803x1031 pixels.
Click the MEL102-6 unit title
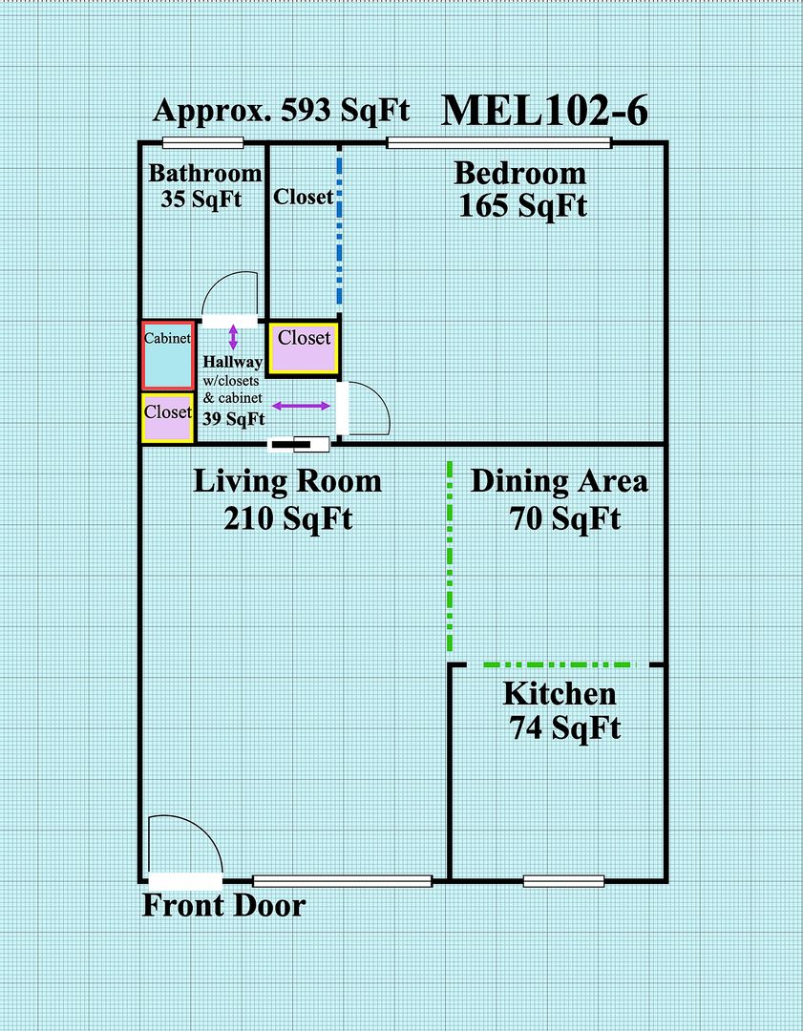click(x=544, y=111)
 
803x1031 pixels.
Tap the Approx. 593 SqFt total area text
click(x=282, y=111)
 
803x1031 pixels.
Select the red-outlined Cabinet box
click(x=168, y=356)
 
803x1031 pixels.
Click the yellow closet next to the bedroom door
click(x=304, y=348)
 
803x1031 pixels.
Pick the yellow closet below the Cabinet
click(x=168, y=417)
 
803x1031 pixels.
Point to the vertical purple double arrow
click(x=233, y=337)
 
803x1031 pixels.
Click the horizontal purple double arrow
click(x=301, y=407)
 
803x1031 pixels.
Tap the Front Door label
click(x=224, y=906)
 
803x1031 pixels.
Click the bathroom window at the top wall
click(x=203, y=142)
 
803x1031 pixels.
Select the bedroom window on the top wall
click(x=499, y=142)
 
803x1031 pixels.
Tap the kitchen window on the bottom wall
click(x=563, y=881)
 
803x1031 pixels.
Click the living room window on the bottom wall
click(x=343, y=881)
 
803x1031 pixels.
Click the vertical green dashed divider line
click(x=450, y=557)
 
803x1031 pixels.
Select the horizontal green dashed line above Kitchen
click(x=560, y=665)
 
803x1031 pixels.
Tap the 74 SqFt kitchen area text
click(x=565, y=728)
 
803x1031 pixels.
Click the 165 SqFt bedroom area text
click(x=523, y=206)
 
